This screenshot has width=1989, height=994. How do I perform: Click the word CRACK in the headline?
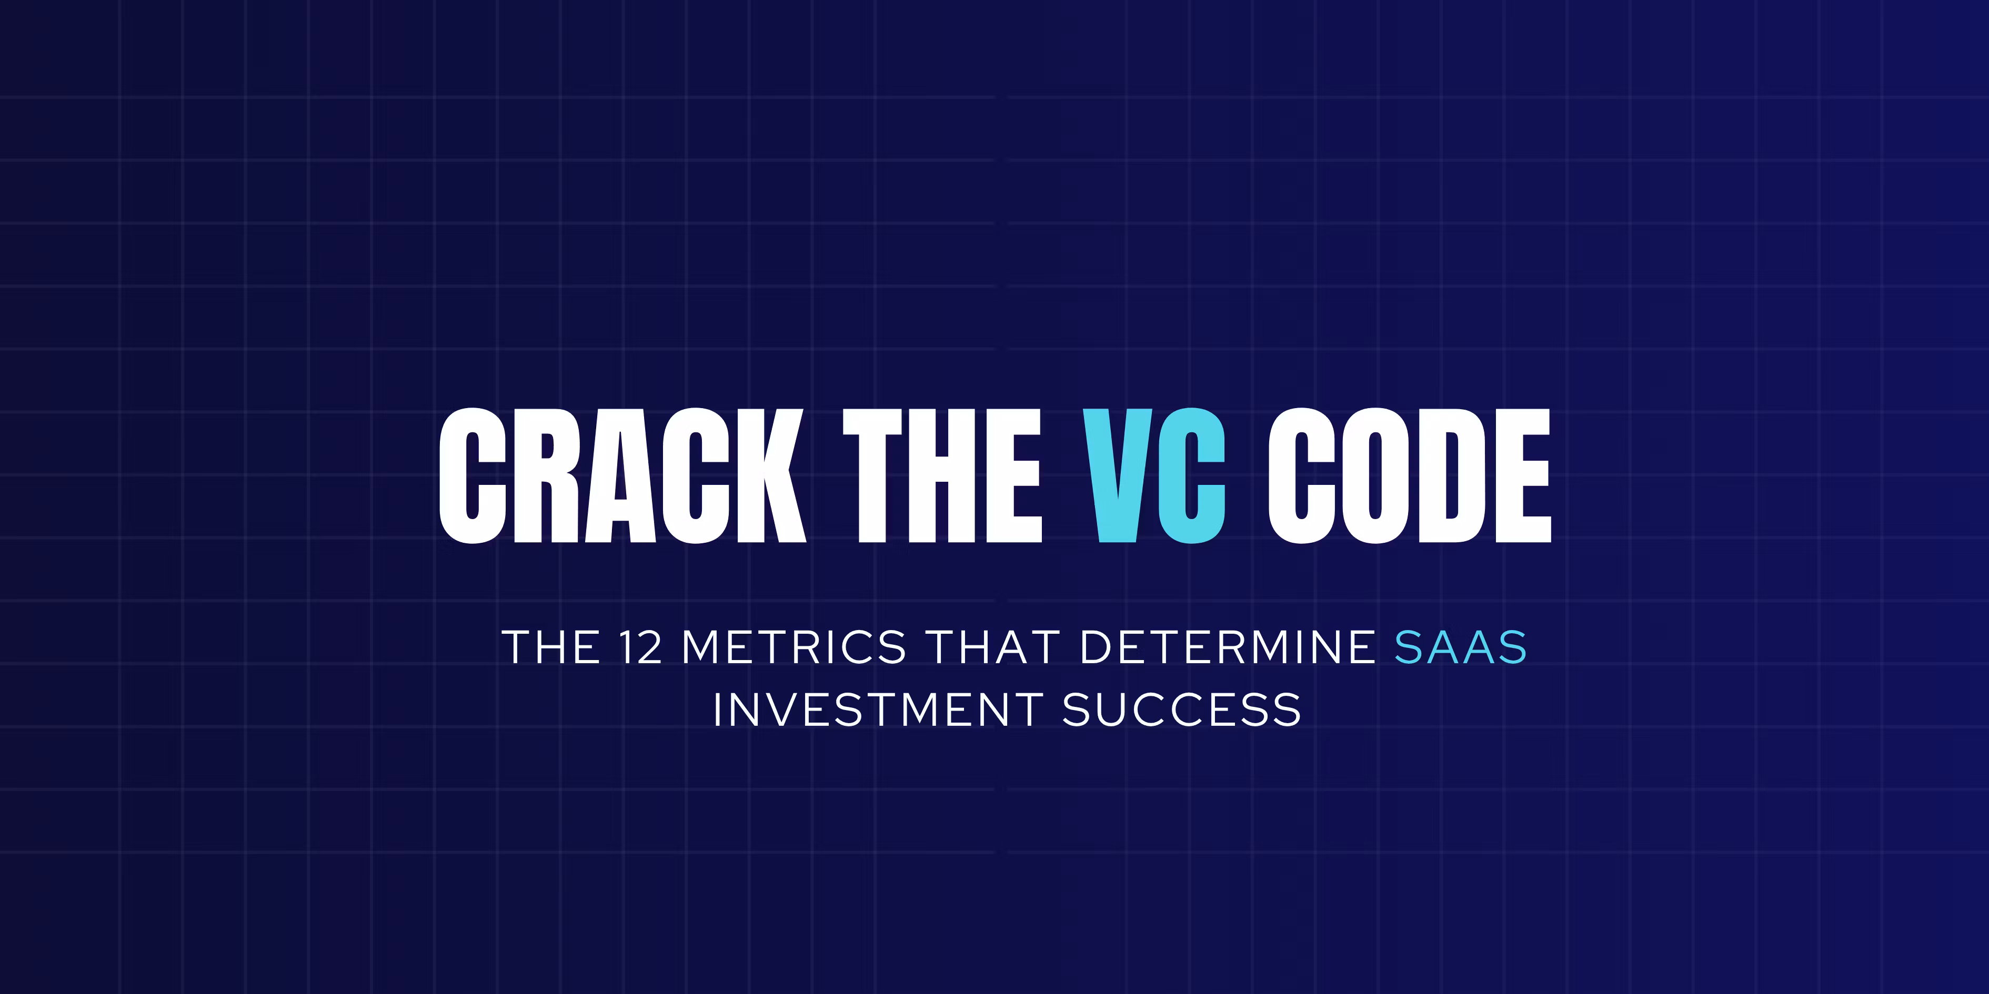[622, 475]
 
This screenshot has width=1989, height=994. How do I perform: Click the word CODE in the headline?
[1409, 475]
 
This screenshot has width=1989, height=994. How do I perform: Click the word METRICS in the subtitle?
[793, 647]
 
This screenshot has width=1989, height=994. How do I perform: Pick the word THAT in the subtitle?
[992, 647]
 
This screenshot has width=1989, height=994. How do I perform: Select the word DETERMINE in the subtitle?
[1228, 647]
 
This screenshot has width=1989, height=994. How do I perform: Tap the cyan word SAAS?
[1461, 647]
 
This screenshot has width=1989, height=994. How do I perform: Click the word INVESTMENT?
[878, 710]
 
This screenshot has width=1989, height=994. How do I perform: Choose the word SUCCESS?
[1181, 710]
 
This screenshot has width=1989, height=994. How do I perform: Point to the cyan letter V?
[1117, 475]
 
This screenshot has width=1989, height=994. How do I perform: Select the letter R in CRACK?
[545, 475]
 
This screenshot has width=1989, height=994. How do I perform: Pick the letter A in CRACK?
[620, 475]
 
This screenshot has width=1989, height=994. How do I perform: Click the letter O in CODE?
[1374, 475]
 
